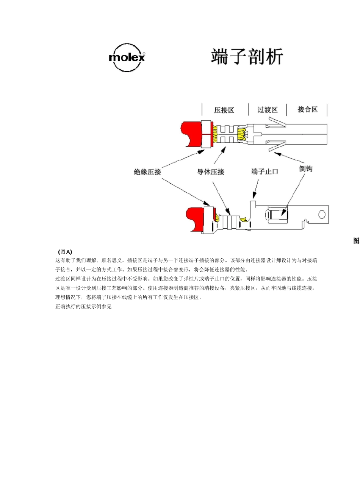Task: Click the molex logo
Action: coord(127,58)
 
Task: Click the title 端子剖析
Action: coord(247,57)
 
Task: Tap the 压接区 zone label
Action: coord(224,110)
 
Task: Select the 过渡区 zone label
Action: coord(268,110)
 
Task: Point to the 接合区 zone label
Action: coord(307,109)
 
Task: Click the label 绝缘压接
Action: coord(147,172)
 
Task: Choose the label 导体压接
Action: coord(210,172)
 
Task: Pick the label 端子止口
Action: coord(265,172)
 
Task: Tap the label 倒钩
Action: coord(306,168)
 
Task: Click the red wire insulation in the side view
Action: coord(196,219)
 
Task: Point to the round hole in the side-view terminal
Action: coord(322,215)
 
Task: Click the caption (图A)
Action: coord(65,252)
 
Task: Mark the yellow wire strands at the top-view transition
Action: coord(242,134)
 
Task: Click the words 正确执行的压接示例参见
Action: coord(83,306)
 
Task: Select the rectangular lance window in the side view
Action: coord(278,215)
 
